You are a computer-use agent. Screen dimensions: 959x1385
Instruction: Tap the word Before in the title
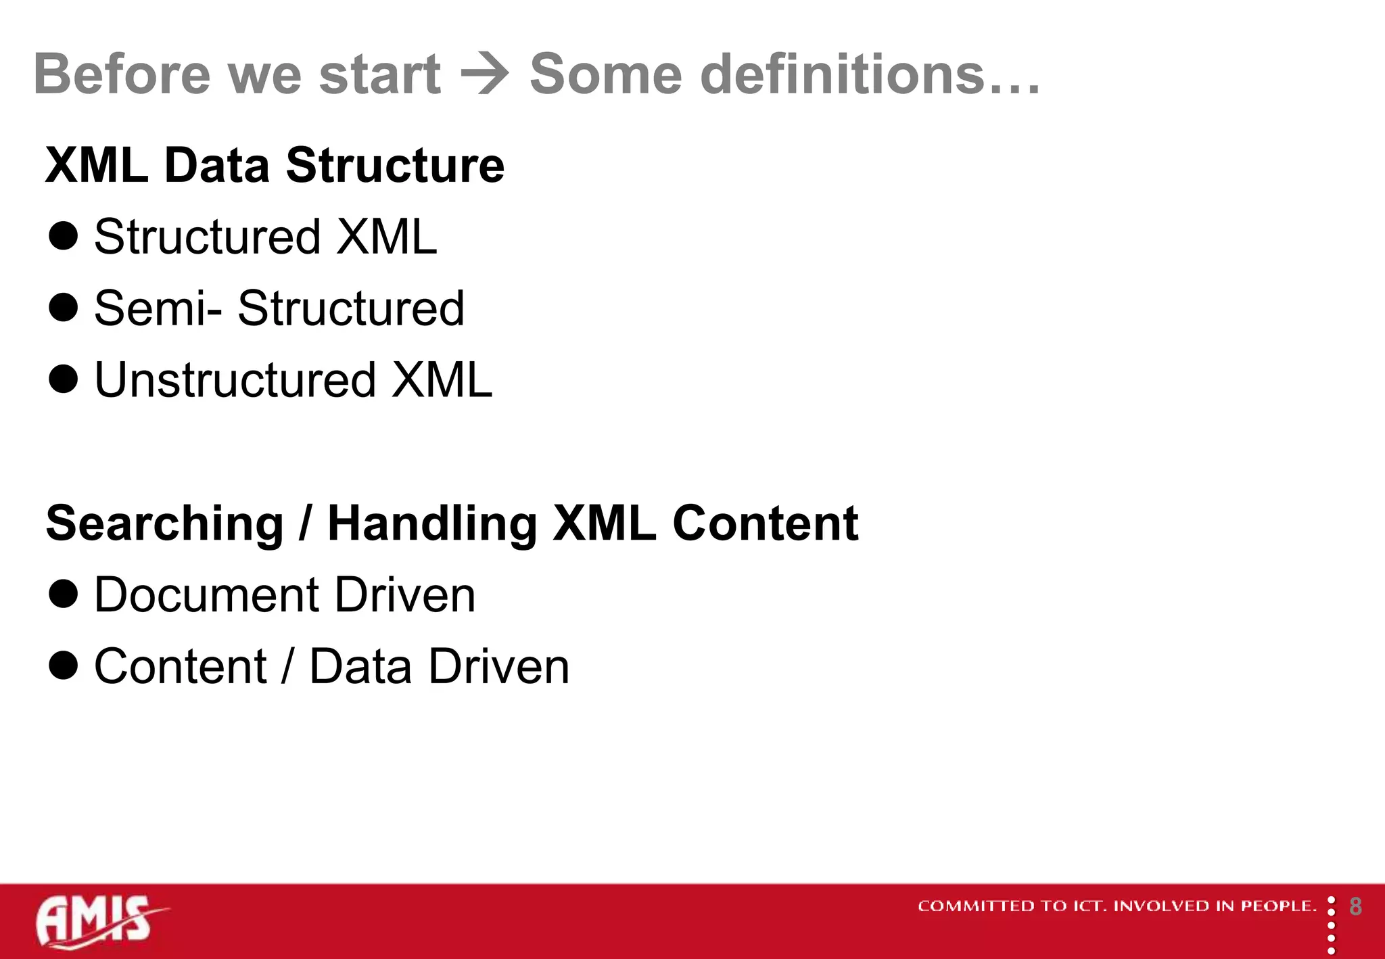[122, 74]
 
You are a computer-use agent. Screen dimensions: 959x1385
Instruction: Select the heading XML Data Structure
[275, 165]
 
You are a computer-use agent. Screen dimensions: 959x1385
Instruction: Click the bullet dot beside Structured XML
[64, 236]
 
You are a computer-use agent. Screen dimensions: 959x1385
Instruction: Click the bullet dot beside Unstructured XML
[64, 379]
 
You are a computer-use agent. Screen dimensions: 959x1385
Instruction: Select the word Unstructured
[235, 380]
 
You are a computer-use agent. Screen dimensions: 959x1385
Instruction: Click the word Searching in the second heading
[164, 524]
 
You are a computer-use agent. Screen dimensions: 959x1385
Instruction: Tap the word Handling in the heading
[432, 524]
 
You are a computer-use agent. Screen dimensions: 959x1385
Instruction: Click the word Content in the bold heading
[765, 524]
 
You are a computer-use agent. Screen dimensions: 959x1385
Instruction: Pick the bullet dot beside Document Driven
[64, 594]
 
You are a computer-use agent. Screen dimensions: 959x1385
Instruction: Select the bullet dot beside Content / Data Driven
[64, 665]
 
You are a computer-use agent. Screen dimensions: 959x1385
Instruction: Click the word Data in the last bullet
[360, 667]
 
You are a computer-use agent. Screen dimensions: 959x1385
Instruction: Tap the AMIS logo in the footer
[98, 921]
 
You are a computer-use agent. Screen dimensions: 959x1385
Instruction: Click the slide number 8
[1355, 906]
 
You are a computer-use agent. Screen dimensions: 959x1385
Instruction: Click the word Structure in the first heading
[395, 165]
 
